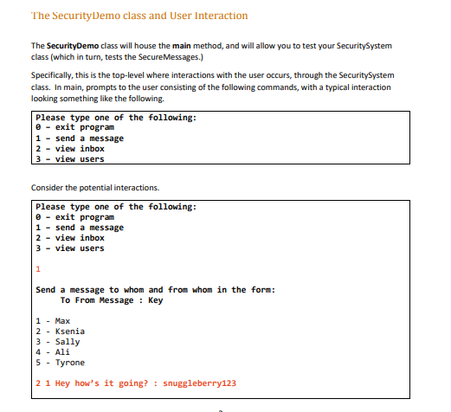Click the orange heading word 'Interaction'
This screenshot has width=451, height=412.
(217, 16)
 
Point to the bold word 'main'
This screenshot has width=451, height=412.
(203, 46)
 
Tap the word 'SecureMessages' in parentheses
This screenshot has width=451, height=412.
(163, 57)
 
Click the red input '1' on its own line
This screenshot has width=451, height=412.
(38, 269)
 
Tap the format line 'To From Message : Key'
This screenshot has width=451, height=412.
(112, 300)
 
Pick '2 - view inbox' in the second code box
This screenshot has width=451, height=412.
(69, 238)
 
